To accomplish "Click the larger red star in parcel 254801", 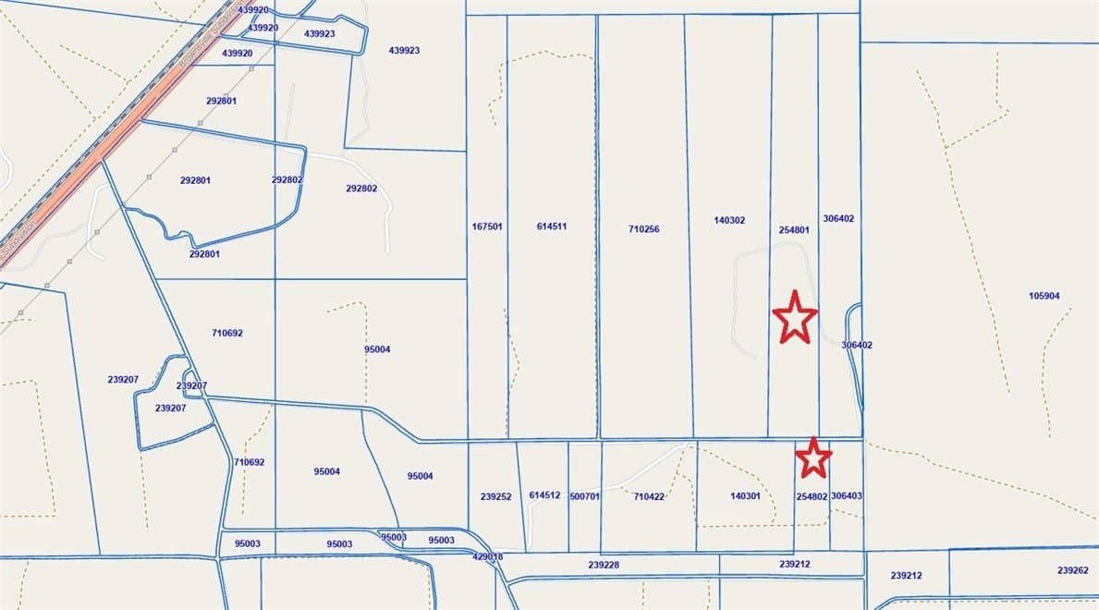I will (x=795, y=317).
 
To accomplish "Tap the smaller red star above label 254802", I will (x=813, y=457).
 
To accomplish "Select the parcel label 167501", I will (x=487, y=226).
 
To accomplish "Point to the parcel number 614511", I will (x=552, y=226).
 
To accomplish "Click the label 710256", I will (x=644, y=229).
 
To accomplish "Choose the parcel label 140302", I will (x=729, y=220).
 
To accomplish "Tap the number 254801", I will (x=794, y=229).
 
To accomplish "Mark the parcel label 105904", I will (x=1044, y=297).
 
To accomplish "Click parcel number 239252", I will (x=496, y=496).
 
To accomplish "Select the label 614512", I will (x=544, y=495).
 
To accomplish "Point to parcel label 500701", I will (x=585, y=496).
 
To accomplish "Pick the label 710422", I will (x=650, y=496).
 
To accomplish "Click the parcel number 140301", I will (x=745, y=496).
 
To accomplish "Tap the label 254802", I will (x=812, y=496).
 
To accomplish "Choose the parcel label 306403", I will (x=847, y=495).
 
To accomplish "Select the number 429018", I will (x=487, y=557).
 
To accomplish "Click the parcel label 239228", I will (x=604, y=565).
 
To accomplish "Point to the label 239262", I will (x=1073, y=570).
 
